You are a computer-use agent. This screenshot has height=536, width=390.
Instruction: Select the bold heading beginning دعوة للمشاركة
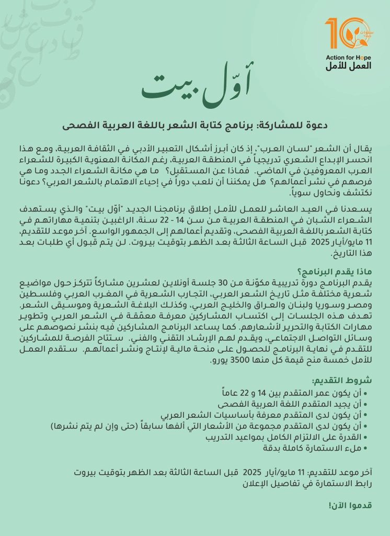tap(194, 126)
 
